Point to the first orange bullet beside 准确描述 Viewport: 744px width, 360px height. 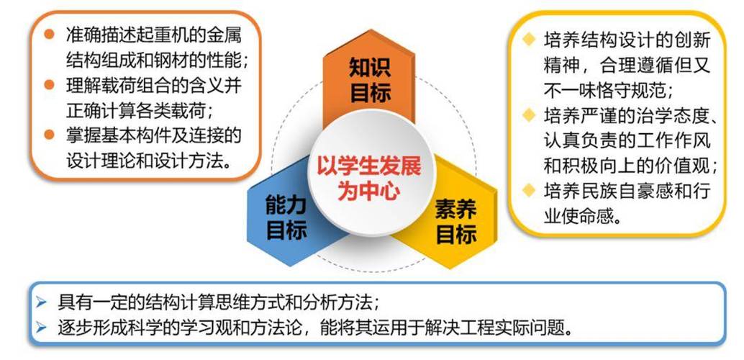point(49,35)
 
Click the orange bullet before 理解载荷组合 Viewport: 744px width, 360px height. point(49,85)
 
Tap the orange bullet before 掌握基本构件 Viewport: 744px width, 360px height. point(49,135)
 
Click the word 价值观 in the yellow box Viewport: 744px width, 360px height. point(684,165)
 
